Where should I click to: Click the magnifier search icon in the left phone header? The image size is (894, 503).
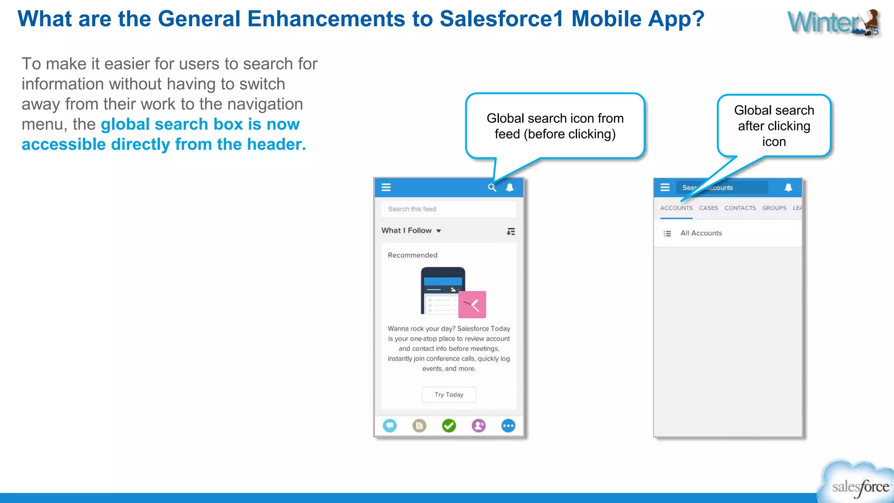(x=492, y=187)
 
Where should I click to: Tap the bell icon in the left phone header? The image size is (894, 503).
(x=509, y=187)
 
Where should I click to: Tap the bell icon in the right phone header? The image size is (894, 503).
(x=788, y=187)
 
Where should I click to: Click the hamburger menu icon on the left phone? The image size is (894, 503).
(x=386, y=187)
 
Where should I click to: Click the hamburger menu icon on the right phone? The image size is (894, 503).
(x=665, y=187)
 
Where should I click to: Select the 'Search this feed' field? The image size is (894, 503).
(x=448, y=209)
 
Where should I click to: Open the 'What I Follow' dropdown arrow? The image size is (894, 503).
(x=439, y=231)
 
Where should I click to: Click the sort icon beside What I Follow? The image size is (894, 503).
(x=511, y=231)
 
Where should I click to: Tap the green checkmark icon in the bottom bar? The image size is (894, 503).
(x=449, y=425)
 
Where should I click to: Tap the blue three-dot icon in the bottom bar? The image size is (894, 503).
(x=508, y=425)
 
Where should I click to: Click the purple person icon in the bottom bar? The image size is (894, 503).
(x=478, y=425)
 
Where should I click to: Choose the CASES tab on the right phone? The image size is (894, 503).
(x=708, y=208)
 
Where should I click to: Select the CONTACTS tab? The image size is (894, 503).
(x=740, y=208)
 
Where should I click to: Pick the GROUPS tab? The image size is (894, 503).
(x=774, y=208)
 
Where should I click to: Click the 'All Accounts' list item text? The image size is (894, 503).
(x=701, y=233)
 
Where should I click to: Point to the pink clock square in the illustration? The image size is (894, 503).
(x=472, y=304)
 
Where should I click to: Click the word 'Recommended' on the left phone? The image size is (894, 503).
(x=413, y=255)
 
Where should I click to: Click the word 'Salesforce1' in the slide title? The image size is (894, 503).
(x=502, y=19)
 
